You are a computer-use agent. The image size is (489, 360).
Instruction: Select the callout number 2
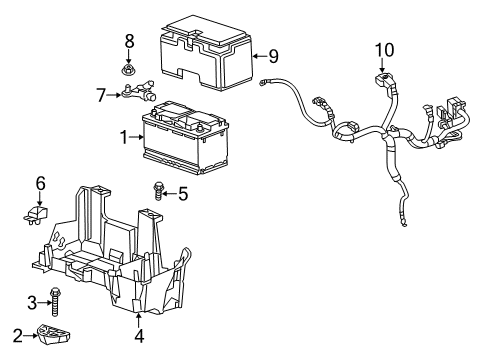point(18,334)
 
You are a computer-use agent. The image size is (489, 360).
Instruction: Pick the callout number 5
point(182,193)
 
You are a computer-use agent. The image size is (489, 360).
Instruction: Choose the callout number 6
point(41,182)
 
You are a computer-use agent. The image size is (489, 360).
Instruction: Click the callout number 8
point(129,41)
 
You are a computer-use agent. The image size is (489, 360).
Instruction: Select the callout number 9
point(272,57)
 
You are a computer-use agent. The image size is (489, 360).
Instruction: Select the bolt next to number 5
point(158,189)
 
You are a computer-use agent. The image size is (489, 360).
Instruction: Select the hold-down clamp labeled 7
point(141,94)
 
